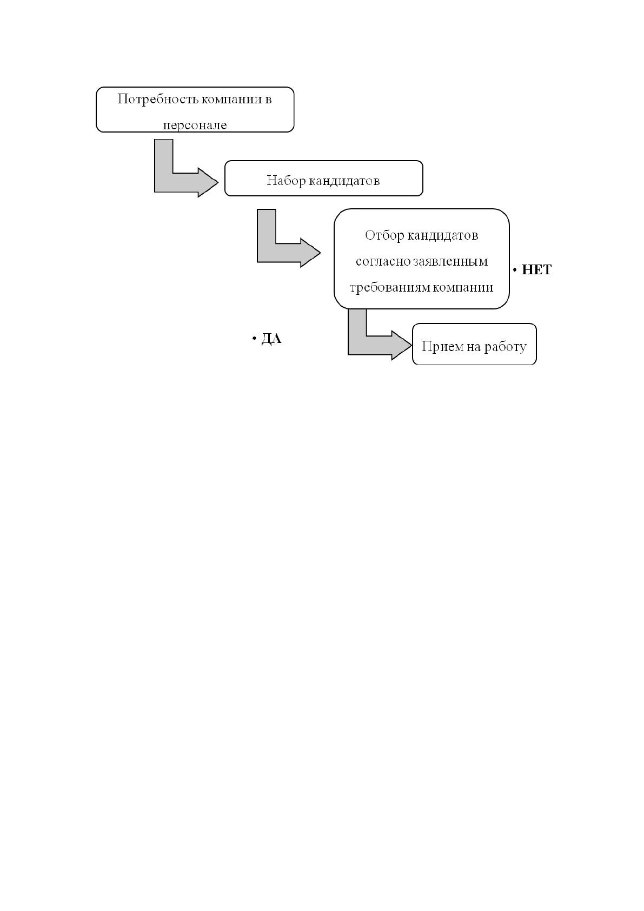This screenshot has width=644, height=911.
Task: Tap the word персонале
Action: coord(195,125)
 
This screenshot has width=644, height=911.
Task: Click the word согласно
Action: coord(383,261)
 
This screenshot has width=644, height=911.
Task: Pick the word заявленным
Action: coord(450,261)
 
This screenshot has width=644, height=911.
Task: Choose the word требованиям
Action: coord(389,288)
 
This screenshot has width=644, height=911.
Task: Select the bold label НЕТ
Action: coord(536,269)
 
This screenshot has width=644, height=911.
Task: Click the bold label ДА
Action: coord(271,338)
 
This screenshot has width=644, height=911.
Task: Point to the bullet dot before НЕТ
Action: coord(515,270)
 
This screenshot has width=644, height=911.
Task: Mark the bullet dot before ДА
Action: coord(254,338)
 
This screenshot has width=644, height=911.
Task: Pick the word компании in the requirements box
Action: coord(463,288)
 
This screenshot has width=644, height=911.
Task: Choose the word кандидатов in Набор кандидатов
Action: coord(344,180)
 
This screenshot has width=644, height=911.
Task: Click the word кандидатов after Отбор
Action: coord(442,235)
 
